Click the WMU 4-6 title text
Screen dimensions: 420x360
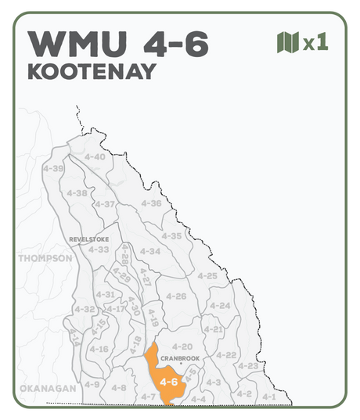tap(117, 44)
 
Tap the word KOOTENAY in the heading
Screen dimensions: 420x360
tap(92, 72)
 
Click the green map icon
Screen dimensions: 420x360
tap(288, 42)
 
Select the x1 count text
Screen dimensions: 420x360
tap(315, 43)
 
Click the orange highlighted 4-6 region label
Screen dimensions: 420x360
tap(168, 382)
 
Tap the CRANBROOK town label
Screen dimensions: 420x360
tap(179, 358)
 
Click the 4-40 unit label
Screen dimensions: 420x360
tap(94, 156)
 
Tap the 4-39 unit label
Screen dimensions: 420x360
tap(54, 168)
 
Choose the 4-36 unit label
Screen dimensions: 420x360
tap(151, 203)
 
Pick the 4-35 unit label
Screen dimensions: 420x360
tap(171, 235)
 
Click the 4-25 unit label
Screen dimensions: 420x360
tap(207, 276)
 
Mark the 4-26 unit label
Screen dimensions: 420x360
tap(176, 296)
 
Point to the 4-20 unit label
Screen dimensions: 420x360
tap(182, 346)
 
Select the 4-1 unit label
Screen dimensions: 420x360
tap(268, 397)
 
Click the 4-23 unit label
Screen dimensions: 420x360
tap(248, 366)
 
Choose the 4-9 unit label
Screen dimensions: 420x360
tap(92, 385)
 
